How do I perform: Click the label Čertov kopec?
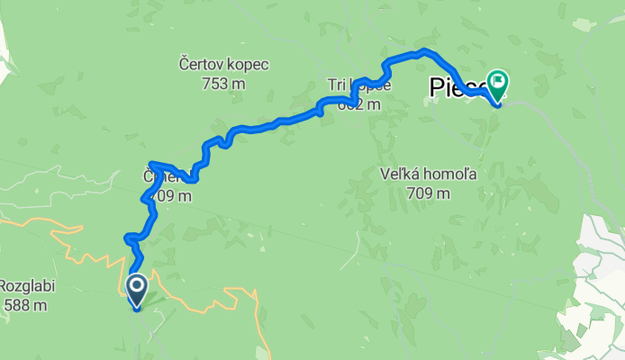(224, 65)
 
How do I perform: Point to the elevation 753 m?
(224, 84)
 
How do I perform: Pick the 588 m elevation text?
(23, 306)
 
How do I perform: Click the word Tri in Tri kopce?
(338, 85)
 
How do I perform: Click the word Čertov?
(201, 65)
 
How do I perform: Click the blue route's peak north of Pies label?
(424, 51)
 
